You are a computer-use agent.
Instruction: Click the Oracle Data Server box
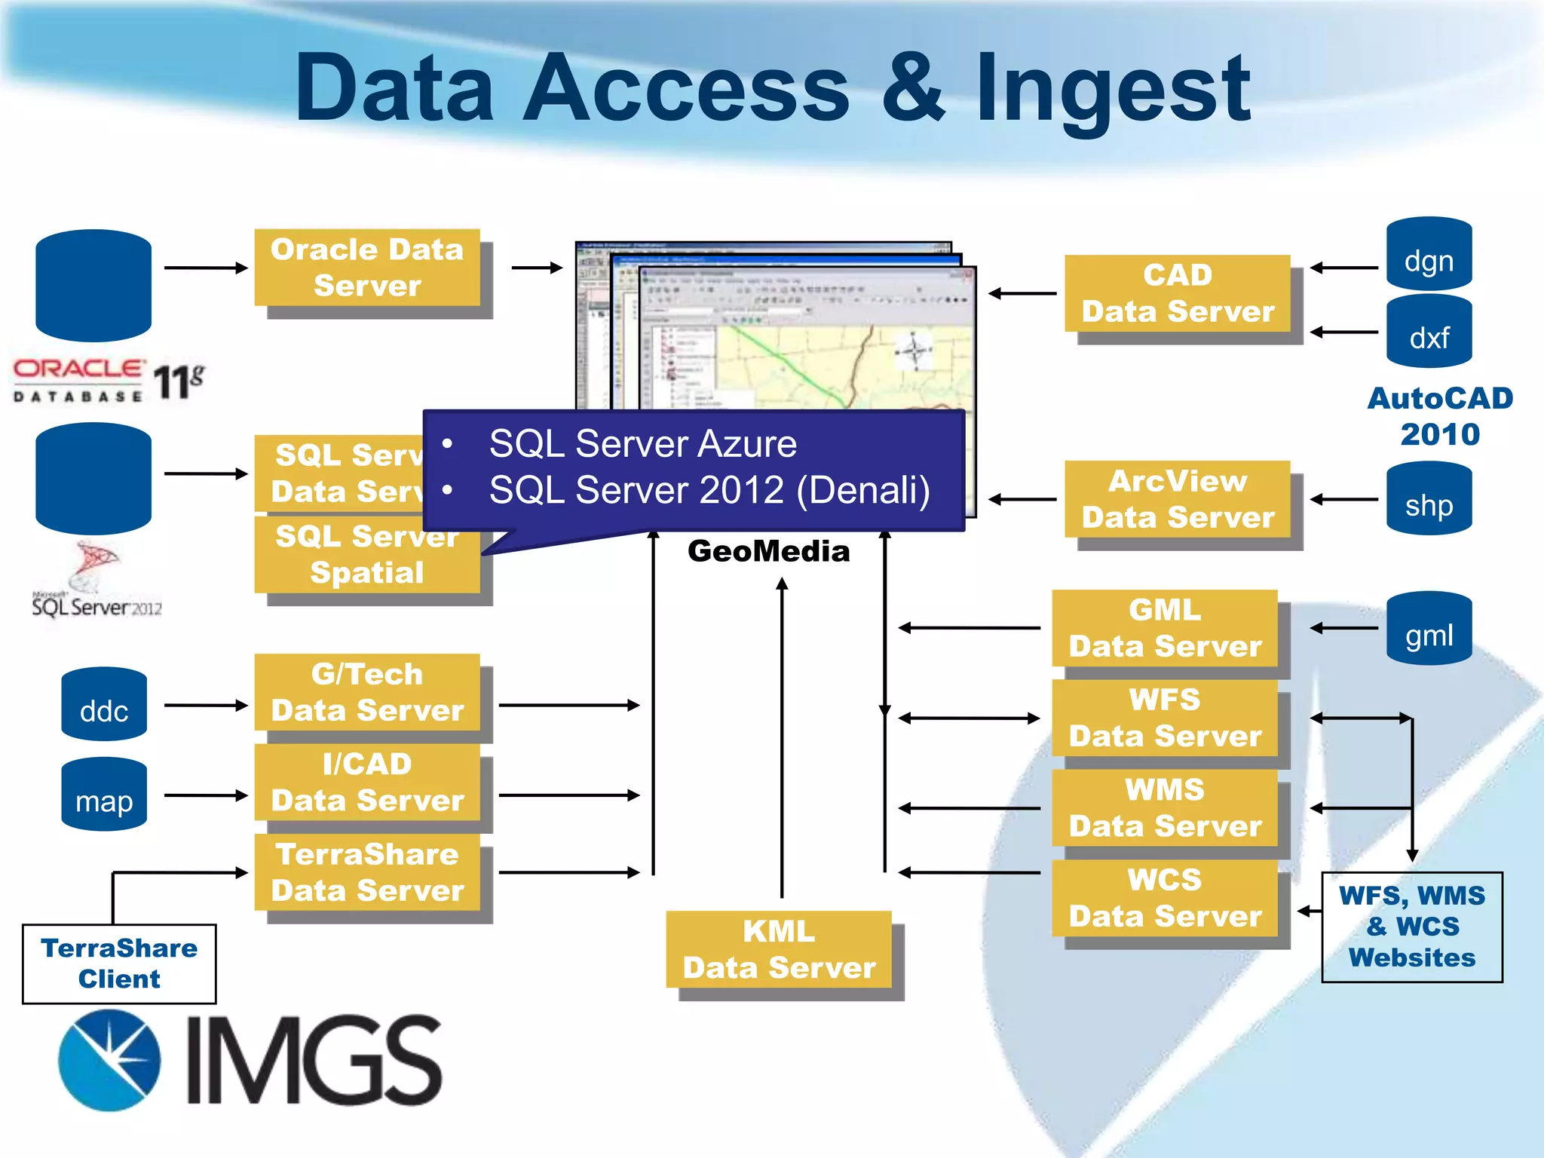[367, 268]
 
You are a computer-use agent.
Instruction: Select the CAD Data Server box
[1177, 293]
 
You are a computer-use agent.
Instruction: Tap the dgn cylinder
[1429, 255]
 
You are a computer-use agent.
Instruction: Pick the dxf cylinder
[1429, 333]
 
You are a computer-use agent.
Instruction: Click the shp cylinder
[1429, 500]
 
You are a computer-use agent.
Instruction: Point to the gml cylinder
[1429, 630]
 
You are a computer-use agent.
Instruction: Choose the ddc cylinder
[104, 705]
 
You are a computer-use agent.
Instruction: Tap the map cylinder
[104, 795]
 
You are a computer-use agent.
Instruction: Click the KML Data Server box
[779, 949]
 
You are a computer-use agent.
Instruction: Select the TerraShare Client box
[119, 963]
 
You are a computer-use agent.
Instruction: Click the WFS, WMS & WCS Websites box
[1411, 927]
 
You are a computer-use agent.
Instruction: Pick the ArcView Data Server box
[1177, 499]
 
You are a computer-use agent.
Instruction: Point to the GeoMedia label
[768, 551]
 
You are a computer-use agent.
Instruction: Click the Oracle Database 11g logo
[108, 381]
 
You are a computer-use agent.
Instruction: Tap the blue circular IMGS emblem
[110, 1060]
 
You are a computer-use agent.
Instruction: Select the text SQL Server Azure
[642, 443]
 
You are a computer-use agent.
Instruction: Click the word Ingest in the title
[1113, 88]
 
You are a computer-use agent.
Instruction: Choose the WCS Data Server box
[1165, 898]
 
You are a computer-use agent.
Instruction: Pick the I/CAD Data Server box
[367, 783]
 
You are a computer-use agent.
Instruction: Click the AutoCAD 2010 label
[1439, 416]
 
